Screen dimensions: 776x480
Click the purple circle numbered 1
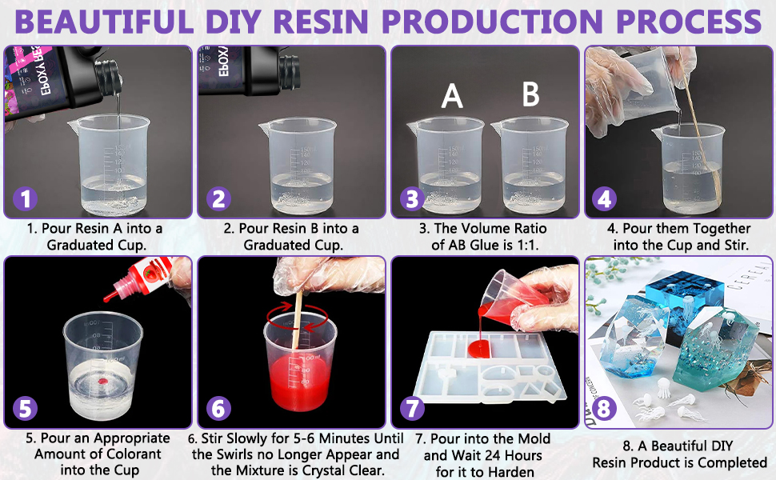pyautogui.click(x=26, y=199)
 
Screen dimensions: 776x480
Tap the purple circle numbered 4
pyautogui.click(x=604, y=199)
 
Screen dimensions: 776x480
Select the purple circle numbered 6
pyautogui.click(x=218, y=409)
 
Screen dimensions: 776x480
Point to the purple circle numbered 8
pyautogui.click(x=604, y=409)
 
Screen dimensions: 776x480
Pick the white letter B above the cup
pyautogui.click(x=531, y=94)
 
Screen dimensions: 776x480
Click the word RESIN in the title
pyautogui.click(x=321, y=22)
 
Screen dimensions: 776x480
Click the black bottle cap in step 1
pyautogui.click(x=109, y=78)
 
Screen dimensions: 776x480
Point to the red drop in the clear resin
pyautogui.click(x=102, y=381)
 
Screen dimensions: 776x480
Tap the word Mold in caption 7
pyautogui.click(x=533, y=438)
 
